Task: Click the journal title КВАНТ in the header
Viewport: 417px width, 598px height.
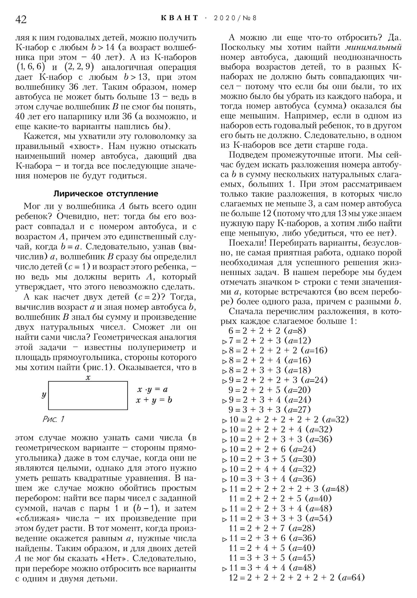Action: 180,18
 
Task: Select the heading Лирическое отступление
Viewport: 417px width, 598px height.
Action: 106,194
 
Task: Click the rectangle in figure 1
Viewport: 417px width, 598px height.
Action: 88,395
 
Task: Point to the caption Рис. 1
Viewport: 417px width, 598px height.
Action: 53,419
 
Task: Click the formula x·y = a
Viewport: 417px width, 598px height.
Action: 152,389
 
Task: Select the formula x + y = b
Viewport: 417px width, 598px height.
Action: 154,400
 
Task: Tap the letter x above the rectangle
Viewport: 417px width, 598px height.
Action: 88,377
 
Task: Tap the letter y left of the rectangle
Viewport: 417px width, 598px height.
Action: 44,395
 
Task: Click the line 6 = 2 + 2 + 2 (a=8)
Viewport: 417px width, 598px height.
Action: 267,331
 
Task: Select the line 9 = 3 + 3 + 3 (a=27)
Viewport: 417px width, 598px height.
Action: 269,410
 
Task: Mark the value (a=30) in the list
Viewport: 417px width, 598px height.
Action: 304,459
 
